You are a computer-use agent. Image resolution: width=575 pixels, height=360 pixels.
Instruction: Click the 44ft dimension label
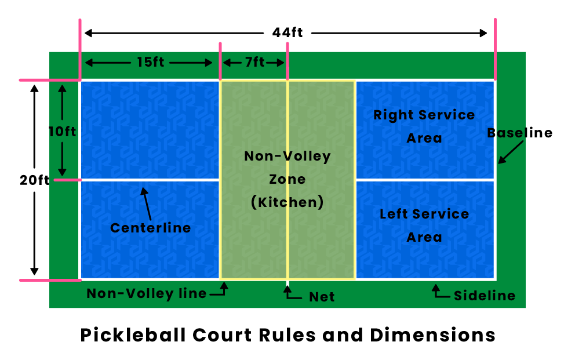(x=287, y=32)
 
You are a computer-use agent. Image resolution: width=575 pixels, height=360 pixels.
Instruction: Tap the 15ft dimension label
(x=151, y=62)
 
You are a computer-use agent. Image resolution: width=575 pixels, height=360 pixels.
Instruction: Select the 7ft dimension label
(x=254, y=62)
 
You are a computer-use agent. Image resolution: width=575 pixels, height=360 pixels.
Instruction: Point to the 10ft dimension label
(x=62, y=132)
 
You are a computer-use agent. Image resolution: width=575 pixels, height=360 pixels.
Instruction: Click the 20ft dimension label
(x=34, y=180)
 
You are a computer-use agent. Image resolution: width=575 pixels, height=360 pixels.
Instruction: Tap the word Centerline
(x=151, y=228)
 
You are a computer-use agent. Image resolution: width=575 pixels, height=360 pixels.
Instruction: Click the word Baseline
(x=519, y=133)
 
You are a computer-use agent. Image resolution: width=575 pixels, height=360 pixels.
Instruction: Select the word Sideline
(x=485, y=296)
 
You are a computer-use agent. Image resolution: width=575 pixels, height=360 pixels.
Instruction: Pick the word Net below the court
(x=322, y=297)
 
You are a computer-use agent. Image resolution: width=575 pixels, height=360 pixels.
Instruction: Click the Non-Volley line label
(x=147, y=294)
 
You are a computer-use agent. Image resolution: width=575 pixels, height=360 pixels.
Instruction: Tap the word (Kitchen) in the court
(x=287, y=203)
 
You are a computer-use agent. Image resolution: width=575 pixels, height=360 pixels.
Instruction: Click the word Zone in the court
(x=287, y=179)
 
